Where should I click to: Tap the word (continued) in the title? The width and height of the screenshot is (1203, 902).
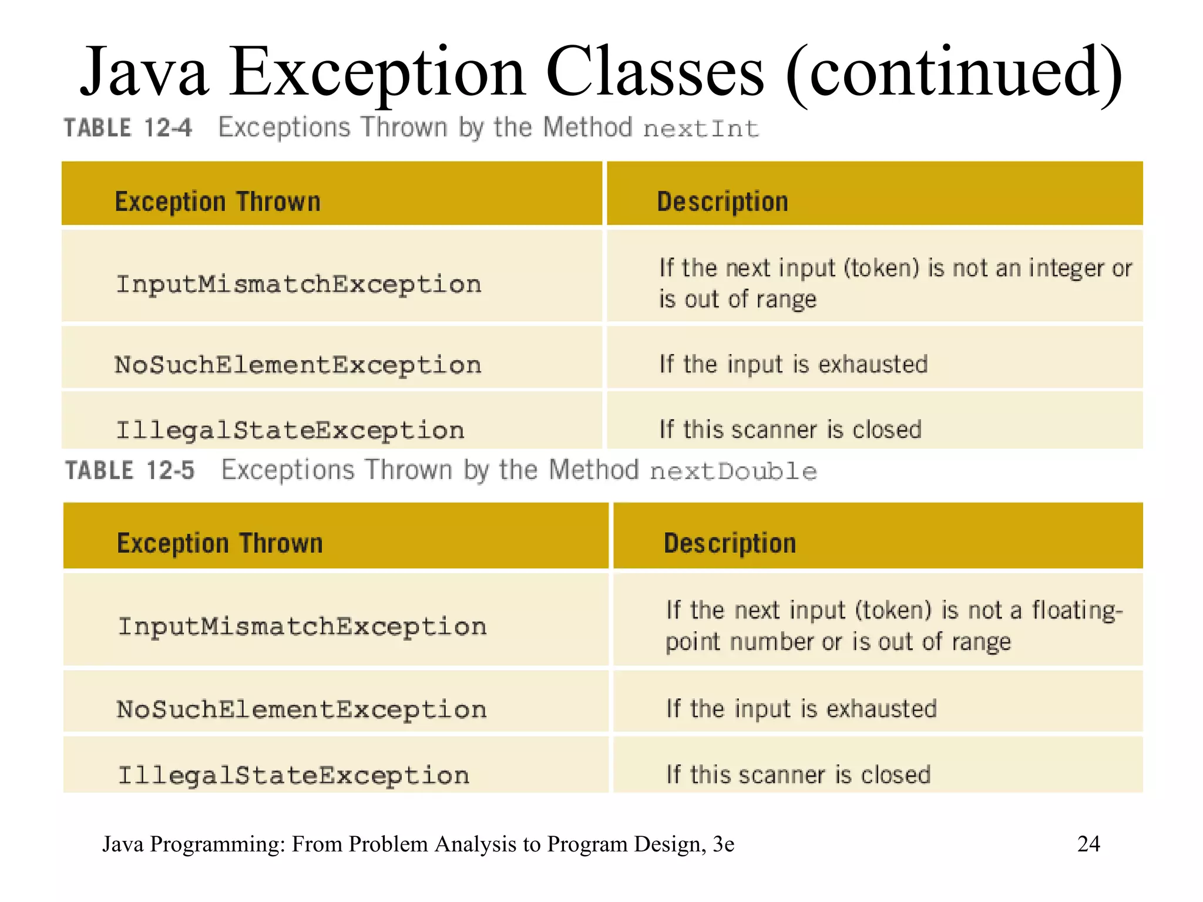click(954, 73)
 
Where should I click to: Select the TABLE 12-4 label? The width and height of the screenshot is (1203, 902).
click(127, 127)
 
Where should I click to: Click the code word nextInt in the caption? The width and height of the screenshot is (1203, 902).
click(701, 129)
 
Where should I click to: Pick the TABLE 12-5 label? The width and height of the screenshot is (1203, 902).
click(129, 470)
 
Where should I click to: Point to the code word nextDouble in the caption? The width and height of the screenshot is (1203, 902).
click(733, 472)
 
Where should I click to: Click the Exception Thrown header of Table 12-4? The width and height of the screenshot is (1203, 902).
click(217, 202)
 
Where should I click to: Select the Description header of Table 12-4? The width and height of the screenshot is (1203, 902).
click(722, 202)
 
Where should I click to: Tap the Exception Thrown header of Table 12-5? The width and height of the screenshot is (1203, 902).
click(220, 544)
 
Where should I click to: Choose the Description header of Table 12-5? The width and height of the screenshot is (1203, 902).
click(730, 544)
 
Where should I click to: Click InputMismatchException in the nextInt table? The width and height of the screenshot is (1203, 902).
click(298, 285)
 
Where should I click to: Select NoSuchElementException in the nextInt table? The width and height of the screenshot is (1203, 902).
click(298, 365)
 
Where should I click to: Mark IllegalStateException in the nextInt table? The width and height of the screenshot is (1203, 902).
click(290, 430)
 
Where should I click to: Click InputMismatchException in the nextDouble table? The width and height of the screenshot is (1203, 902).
click(302, 627)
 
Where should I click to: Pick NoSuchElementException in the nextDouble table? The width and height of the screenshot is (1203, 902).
click(301, 710)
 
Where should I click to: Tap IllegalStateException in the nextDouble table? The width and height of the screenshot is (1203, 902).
click(294, 776)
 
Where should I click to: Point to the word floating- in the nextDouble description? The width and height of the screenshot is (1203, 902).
click(1077, 611)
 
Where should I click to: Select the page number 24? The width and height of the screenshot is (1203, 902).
click(1088, 844)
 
